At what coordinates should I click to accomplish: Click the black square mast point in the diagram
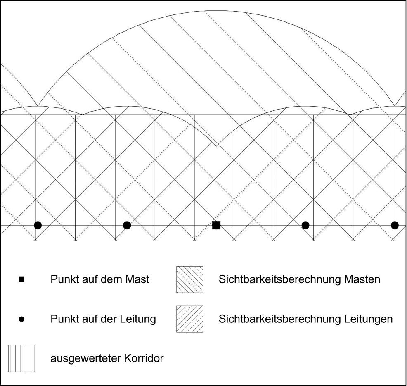pyautogui.click(x=216, y=225)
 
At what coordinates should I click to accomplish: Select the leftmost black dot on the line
pyautogui.click(x=38, y=225)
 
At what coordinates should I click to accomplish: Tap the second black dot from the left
pyautogui.click(x=127, y=225)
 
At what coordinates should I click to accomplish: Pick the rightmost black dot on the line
pyautogui.click(x=395, y=225)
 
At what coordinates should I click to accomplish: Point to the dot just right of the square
pyautogui.click(x=305, y=225)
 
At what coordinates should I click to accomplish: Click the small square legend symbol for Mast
pyautogui.click(x=21, y=280)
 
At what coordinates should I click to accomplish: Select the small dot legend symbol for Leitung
pyautogui.click(x=21, y=319)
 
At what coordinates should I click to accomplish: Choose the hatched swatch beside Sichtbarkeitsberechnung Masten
pyautogui.click(x=190, y=279)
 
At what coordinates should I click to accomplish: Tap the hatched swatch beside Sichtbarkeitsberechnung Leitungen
pyautogui.click(x=190, y=319)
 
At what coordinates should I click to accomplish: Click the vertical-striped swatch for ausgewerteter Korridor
pyautogui.click(x=21, y=358)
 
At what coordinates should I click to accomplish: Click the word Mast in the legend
pyautogui.click(x=137, y=279)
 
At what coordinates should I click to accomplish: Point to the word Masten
pyautogui.click(x=362, y=279)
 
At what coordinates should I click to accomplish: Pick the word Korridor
pyautogui.click(x=144, y=358)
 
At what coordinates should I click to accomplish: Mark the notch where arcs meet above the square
pyautogui.click(x=216, y=146)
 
